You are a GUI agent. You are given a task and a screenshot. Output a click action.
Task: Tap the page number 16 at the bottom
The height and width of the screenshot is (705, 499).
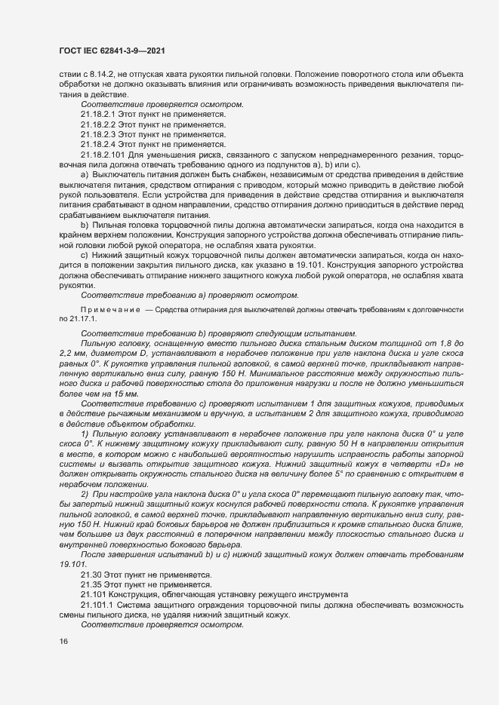point(63,642)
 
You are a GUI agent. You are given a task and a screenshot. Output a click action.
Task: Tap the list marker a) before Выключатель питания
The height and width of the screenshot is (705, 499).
point(85,173)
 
